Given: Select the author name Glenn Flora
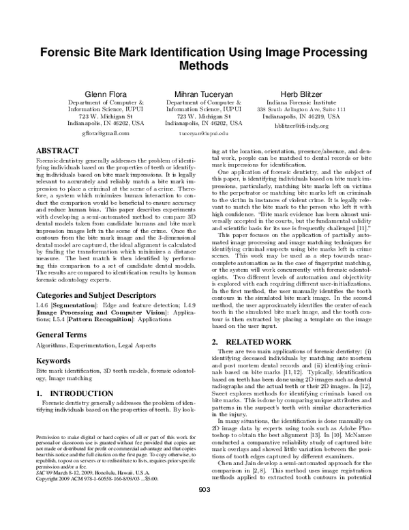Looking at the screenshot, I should pyautogui.click(x=105, y=93).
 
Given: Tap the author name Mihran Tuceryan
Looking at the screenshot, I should pyautogui.click(x=203, y=93).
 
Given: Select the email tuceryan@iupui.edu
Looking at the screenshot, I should pyautogui.click(x=203, y=135).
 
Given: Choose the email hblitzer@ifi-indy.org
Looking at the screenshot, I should pyautogui.click(x=301, y=126).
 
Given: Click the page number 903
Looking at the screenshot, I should pyautogui.click(x=204, y=507).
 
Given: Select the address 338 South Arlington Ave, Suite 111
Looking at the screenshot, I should pyautogui.click(x=301, y=110).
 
